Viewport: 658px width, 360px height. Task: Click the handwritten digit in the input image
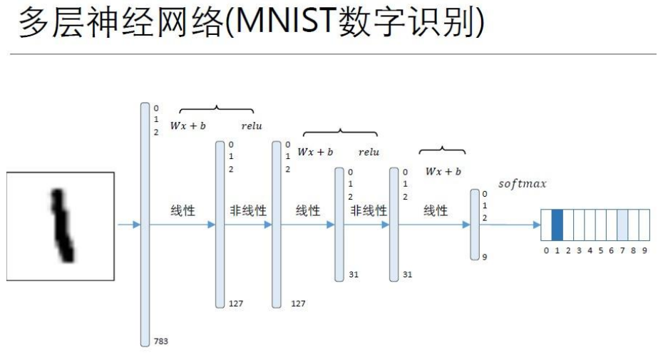click(x=62, y=224)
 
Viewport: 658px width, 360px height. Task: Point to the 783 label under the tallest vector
click(x=161, y=342)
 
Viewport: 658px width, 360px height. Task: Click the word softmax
click(x=523, y=184)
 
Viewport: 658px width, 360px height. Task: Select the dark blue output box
click(x=558, y=224)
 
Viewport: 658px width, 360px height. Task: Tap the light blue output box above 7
click(x=622, y=224)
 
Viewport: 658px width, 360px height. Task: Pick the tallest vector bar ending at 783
click(x=146, y=224)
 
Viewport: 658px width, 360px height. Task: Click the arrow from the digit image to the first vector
click(x=128, y=225)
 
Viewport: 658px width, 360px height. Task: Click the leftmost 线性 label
click(x=183, y=210)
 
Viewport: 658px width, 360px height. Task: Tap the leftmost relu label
click(x=252, y=126)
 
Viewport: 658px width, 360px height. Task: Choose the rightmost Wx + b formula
click(x=443, y=172)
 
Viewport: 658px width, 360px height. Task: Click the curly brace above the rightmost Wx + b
click(x=442, y=150)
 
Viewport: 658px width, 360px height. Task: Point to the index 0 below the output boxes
click(x=547, y=250)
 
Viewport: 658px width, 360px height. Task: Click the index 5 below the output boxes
click(x=601, y=250)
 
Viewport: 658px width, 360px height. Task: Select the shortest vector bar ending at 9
click(x=475, y=224)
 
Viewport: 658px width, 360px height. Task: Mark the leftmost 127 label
click(x=236, y=304)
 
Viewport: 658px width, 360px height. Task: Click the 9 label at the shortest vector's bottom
click(x=485, y=257)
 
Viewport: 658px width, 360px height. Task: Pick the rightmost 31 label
click(x=408, y=274)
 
